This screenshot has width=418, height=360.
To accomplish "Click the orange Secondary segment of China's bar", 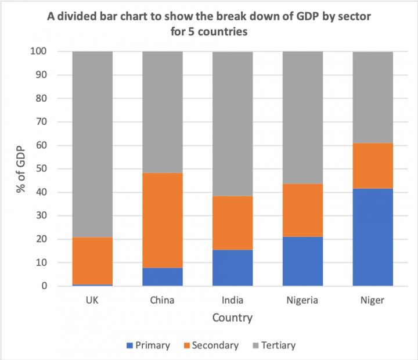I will coord(163,220).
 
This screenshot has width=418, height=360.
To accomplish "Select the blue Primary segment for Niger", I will coord(373,237).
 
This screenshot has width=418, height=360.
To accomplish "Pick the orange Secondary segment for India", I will coord(232,223).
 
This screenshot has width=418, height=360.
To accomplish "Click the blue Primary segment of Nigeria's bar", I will coord(302,261).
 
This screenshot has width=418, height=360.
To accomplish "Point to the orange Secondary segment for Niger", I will coord(373,165).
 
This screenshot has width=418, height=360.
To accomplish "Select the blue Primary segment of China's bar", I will coord(163,276).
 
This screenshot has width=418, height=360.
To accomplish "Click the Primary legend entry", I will coord(147,345).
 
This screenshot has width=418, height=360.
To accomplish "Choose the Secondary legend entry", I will coord(211,345).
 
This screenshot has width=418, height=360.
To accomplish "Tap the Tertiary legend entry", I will coord(273,345).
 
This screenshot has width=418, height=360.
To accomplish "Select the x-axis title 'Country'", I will coord(232,318).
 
